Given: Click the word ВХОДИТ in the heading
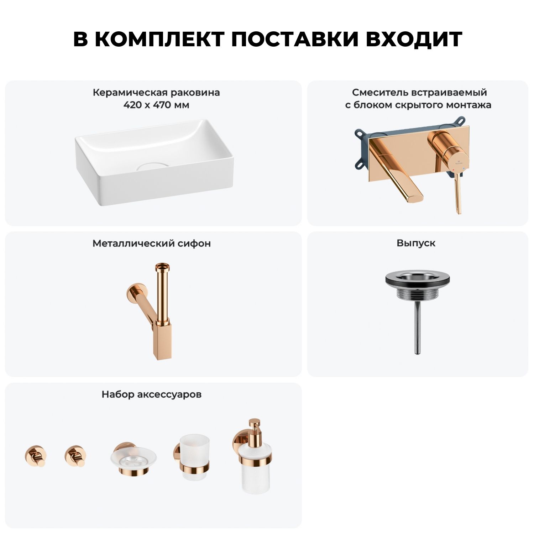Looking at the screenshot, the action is pos(414,39).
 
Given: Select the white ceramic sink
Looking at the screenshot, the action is pos(154,162).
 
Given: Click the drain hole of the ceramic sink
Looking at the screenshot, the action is pos(153,166).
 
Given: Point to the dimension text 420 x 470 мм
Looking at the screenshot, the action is pos(156,105).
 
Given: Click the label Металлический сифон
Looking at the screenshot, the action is pos(152,244).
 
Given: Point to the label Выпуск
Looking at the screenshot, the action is pos(416,243).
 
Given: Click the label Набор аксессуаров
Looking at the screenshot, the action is pos(152,394).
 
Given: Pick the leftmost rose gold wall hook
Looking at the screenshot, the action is pos(36,456).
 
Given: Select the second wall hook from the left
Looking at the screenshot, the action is pos(75,456).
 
